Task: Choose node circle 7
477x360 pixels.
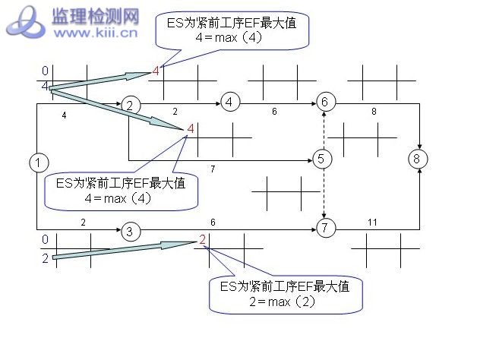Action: pos(326,227)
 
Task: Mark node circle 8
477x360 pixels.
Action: pos(417,159)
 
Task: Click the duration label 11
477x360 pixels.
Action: pos(372,222)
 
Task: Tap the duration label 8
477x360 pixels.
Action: pos(374,112)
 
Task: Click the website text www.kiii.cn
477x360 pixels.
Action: pos(96,33)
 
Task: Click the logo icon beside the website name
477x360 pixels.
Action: pos(26,21)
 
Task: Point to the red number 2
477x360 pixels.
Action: pos(202,240)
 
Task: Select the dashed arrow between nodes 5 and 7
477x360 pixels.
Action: pos(325,193)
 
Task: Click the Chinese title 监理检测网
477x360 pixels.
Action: pos(96,15)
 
